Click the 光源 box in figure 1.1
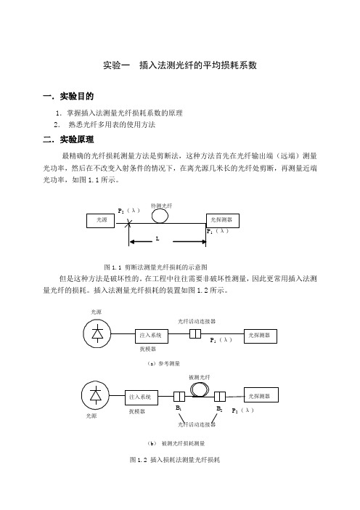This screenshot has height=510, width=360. point(100,221)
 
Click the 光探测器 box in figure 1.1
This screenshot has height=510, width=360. point(223,221)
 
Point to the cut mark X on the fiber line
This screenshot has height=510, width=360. point(129,223)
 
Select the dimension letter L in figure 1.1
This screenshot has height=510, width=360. point(157,239)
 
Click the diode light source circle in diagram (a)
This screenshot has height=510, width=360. point(97,333)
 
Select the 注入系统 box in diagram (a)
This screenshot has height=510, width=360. point(152,336)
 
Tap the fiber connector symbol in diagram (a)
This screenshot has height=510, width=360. point(195,333)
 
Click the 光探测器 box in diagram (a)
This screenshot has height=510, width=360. point(261,336)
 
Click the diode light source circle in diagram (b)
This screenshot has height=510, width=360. point(95,395)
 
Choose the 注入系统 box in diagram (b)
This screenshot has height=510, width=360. point(142,397)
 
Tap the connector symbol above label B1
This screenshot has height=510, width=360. point(179,397)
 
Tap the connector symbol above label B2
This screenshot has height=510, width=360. point(220,397)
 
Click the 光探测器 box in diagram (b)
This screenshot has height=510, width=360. point(261,395)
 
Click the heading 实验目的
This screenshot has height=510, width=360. point(77,97)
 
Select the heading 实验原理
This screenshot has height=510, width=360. point(77,139)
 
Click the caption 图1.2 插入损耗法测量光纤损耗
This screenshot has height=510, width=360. point(175,460)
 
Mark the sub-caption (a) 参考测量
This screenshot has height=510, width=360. point(163,364)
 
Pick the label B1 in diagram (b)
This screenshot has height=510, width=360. point(179,408)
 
